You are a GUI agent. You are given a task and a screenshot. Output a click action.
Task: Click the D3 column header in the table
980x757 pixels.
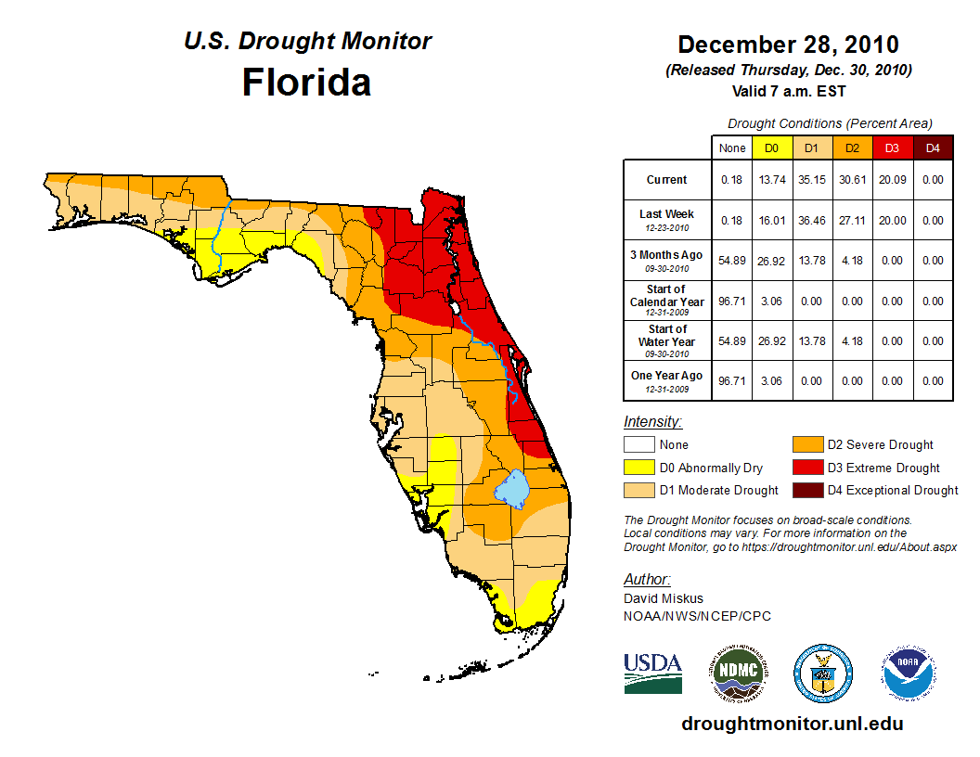[892, 148]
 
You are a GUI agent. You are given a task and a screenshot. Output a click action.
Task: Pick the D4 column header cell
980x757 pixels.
[933, 148]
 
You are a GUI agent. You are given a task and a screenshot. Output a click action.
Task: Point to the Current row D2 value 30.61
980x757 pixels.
[851, 180]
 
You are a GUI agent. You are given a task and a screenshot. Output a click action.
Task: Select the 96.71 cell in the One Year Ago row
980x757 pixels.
[732, 380]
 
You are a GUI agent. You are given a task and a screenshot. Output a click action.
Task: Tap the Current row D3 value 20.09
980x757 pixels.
[892, 180]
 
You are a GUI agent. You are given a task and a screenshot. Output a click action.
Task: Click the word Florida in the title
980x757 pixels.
[306, 83]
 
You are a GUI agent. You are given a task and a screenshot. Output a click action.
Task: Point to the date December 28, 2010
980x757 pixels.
[788, 45]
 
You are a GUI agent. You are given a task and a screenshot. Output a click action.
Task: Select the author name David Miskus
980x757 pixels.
[664, 598]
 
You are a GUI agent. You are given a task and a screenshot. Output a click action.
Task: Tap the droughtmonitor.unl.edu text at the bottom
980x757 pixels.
[792, 724]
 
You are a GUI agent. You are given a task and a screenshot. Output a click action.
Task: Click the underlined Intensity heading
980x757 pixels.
[653, 422]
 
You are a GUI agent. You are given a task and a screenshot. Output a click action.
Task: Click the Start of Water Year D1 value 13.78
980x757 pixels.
[810, 340]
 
